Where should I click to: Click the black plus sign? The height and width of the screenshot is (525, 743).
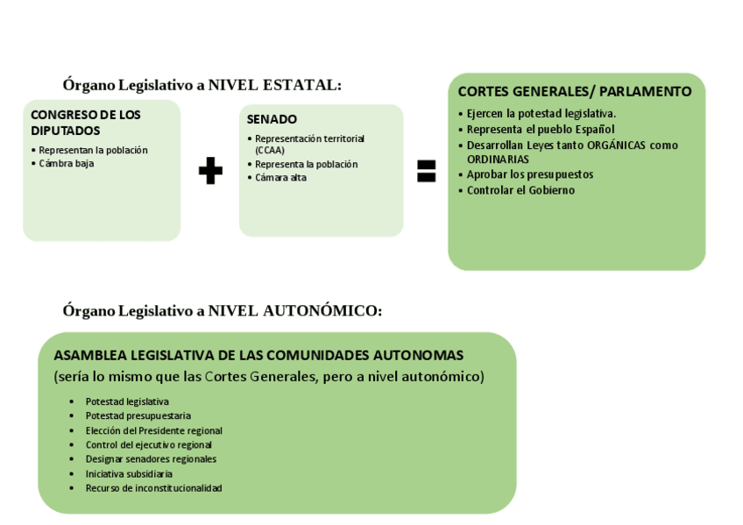pyautogui.click(x=210, y=171)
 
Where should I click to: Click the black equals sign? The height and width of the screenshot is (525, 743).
pyautogui.click(x=426, y=171)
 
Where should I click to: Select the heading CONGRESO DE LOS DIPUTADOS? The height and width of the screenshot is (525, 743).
pyautogui.click(x=86, y=123)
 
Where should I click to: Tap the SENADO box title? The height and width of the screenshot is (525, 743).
pyautogui.click(x=272, y=119)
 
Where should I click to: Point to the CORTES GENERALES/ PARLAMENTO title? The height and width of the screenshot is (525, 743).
pyautogui.click(x=575, y=91)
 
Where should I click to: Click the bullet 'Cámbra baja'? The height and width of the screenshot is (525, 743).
pyautogui.click(x=66, y=163)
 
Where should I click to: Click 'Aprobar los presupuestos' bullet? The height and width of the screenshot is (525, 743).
pyautogui.click(x=529, y=174)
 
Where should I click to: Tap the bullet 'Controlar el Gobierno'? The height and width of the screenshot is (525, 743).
pyautogui.click(x=520, y=190)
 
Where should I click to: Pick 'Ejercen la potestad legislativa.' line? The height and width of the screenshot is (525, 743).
pyautogui.click(x=541, y=114)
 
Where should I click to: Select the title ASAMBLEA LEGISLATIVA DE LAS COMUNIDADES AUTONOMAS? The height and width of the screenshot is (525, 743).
pyautogui.click(x=258, y=356)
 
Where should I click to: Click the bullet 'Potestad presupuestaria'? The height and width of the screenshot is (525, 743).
pyautogui.click(x=138, y=415)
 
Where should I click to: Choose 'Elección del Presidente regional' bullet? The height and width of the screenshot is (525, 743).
pyautogui.click(x=153, y=430)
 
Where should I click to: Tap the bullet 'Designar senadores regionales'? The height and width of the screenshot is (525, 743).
pyautogui.click(x=151, y=458)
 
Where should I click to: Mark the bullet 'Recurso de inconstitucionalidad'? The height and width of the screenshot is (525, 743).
pyautogui.click(x=153, y=487)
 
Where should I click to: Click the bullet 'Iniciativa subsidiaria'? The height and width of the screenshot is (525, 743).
pyautogui.click(x=128, y=473)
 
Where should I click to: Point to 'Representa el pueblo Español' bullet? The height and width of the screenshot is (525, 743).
pyautogui.click(x=540, y=129)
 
